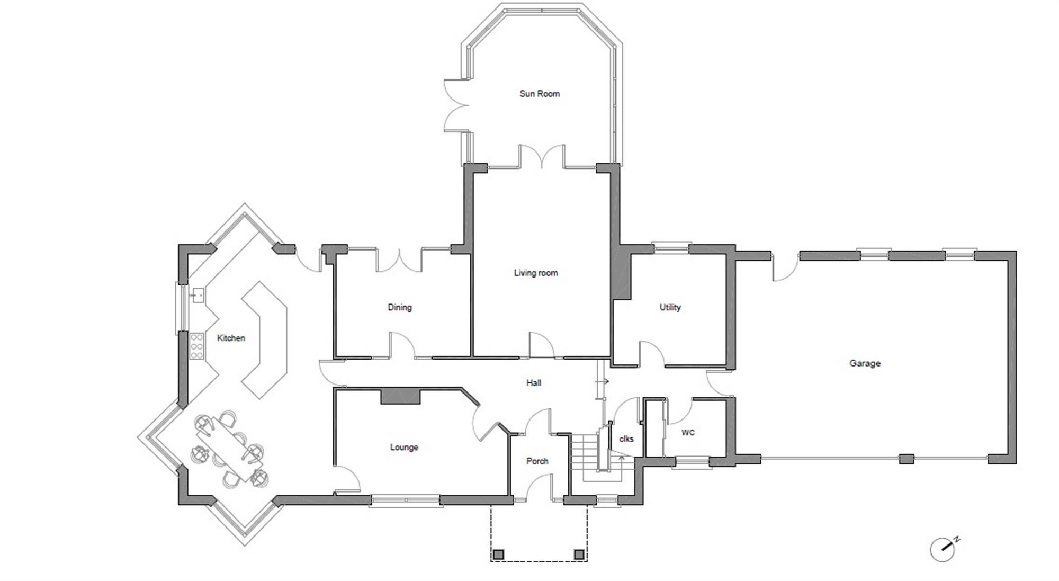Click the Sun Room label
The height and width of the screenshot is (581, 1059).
pos(540,94)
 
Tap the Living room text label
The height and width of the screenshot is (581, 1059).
pos(536,273)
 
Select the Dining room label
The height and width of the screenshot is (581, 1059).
pos(400,307)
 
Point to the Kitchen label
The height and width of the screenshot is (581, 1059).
pos(231,338)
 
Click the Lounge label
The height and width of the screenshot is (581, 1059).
pos(404,448)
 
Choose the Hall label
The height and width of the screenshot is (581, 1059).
pos(534,383)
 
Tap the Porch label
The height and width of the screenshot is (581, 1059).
pos(537,461)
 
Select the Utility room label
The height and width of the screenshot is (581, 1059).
pos(670,307)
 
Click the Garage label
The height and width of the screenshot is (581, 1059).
pos(865,363)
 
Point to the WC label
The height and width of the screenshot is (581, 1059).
pos(688,433)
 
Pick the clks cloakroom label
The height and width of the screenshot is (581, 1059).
pos(626,439)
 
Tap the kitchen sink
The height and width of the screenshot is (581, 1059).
pos(198,294)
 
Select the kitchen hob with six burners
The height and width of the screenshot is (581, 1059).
pos(196,346)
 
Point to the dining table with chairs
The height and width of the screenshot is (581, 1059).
pos(229,449)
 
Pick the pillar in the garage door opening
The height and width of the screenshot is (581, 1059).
pos(907,459)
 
